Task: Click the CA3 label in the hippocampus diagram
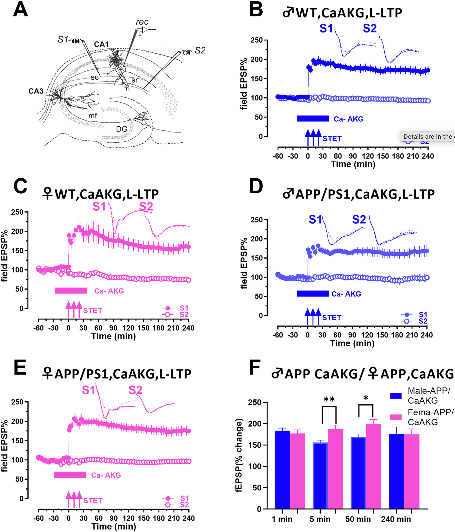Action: pyautogui.click(x=36, y=91)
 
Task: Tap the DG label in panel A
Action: pyautogui.click(x=122, y=129)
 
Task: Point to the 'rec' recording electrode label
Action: pyautogui.click(x=142, y=22)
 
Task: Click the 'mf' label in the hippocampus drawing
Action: pyautogui.click(x=93, y=116)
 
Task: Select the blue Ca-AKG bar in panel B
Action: pyautogui.click(x=313, y=119)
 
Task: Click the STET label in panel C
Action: pyautogui.click(x=93, y=310)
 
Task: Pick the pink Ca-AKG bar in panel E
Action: pyautogui.click(x=70, y=475)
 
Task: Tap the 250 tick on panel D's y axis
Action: pyautogui.click(x=257, y=220)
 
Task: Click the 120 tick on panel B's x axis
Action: pyautogui.click(x=368, y=156)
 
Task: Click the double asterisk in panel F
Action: pyautogui.click(x=329, y=399)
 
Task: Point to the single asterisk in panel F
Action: pyautogui.click(x=366, y=398)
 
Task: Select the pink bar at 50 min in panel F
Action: pyautogui.click(x=373, y=466)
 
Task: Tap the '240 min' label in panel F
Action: pyautogui.click(x=396, y=519)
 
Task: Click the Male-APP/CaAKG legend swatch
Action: pyautogui.click(x=396, y=396)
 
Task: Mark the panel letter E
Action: pyautogui.click(x=20, y=368)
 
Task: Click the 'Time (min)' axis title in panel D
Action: pyautogui.click(x=352, y=343)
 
